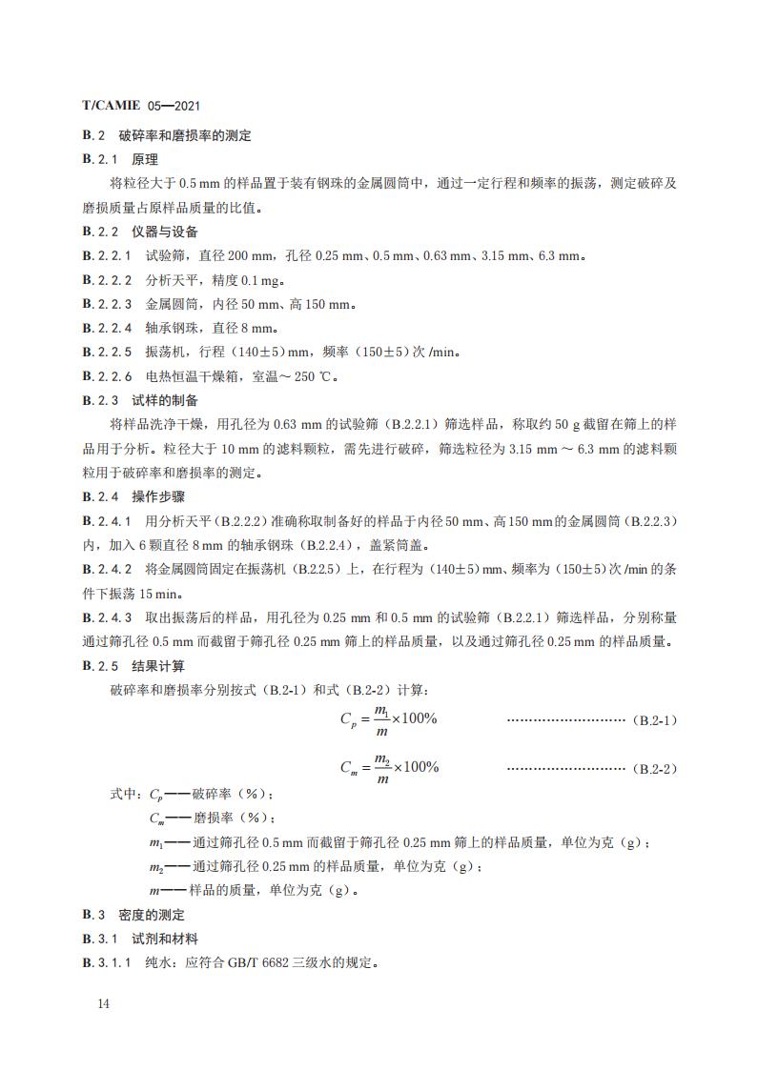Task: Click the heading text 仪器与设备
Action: coord(165,232)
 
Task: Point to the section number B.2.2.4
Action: coord(107,328)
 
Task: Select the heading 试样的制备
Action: coord(165,400)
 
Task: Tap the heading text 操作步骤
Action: coord(158,496)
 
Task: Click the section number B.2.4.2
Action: coord(107,569)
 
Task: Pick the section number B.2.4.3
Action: coord(107,617)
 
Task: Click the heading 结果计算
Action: coord(158,665)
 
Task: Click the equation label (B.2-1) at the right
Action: coord(654,720)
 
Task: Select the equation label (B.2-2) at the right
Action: coord(654,768)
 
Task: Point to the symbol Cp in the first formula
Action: coord(348,720)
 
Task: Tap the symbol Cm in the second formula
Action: coord(349,768)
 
